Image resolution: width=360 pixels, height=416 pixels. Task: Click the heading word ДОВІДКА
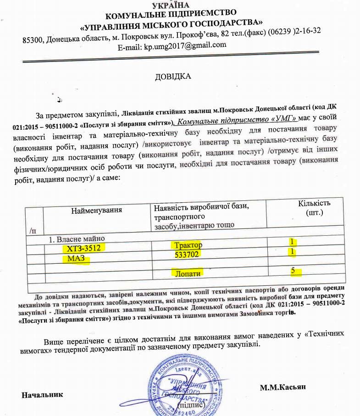(x=173, y=76)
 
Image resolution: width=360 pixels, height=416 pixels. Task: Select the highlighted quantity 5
(x=292, y=271)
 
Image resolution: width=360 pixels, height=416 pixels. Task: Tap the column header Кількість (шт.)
(x=314, y=208)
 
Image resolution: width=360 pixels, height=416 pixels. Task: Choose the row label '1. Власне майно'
(x=77, y=239)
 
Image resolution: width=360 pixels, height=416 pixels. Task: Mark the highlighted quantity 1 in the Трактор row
(x=291, y=242)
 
